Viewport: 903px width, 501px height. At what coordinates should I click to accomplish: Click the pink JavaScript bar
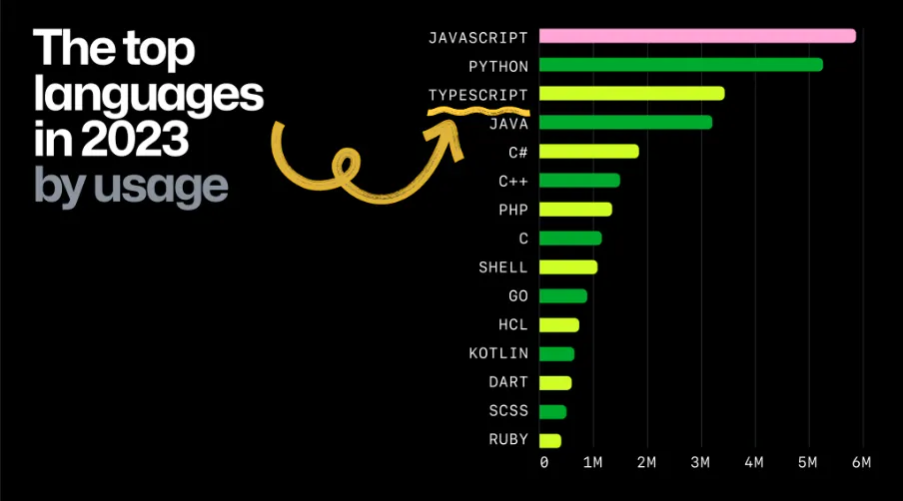697,36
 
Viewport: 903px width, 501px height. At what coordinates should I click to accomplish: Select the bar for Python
680,65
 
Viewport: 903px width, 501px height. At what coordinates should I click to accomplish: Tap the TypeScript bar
631,94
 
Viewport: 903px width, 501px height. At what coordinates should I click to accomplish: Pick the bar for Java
625,123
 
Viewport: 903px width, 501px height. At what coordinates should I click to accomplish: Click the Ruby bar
549,440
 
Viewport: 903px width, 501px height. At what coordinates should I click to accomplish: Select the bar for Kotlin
556,353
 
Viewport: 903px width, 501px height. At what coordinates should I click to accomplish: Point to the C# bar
588,152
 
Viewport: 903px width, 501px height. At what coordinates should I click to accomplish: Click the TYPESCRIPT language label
477,95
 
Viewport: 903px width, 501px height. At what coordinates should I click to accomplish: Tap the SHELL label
503,267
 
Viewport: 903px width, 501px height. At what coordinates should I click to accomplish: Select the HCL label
512,325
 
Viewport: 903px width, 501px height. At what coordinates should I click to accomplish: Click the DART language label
508,383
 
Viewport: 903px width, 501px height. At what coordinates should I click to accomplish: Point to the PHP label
512,210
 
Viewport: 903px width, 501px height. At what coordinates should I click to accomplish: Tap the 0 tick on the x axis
543,463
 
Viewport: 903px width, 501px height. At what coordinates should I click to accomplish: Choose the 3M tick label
700,463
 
